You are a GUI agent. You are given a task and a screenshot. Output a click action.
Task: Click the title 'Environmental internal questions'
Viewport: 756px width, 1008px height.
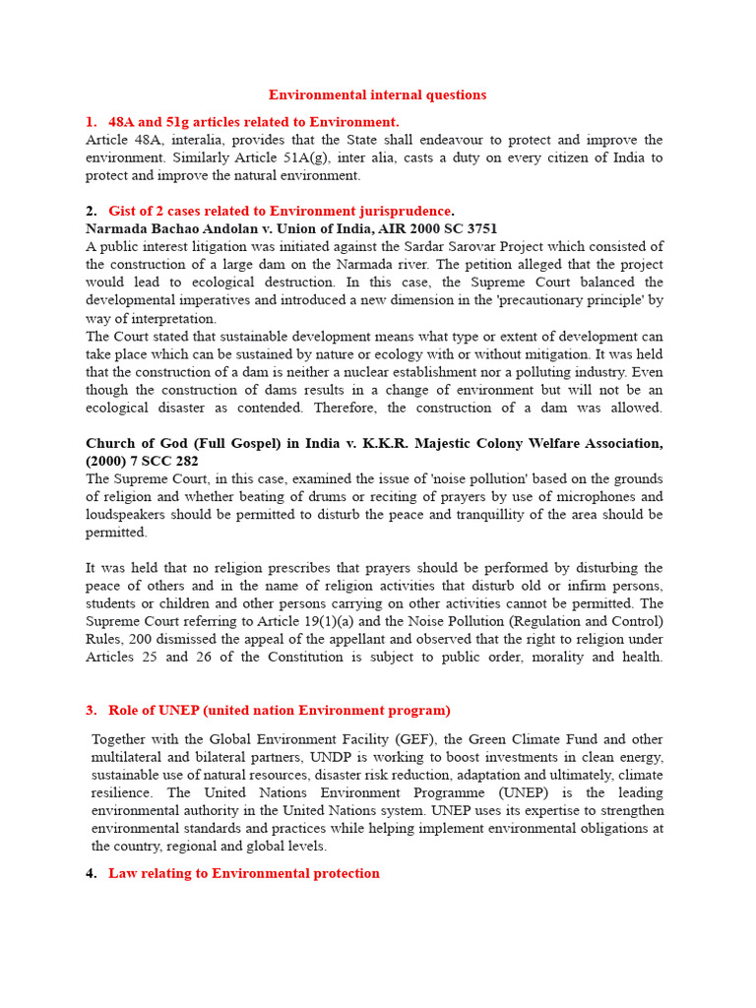[378, 95]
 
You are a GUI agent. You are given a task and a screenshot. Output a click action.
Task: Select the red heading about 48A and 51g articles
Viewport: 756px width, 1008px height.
[253, 122]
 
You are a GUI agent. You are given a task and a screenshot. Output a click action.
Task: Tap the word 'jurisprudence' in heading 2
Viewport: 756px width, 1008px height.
[408, 212]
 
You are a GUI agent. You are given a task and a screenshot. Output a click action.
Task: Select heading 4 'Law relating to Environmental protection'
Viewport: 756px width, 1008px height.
[243, 874]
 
